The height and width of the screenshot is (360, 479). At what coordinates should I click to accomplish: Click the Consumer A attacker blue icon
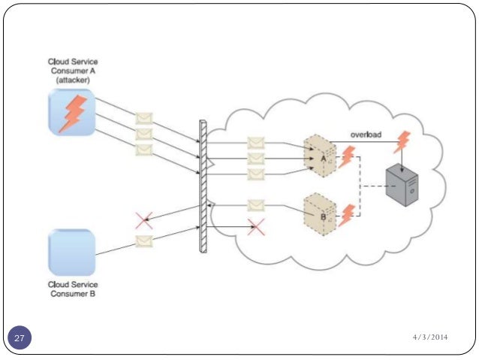tap(71, 112)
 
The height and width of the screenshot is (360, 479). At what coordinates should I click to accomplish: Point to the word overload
tap(366, 135)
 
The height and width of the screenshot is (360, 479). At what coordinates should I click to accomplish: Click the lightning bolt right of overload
tap(402, 141)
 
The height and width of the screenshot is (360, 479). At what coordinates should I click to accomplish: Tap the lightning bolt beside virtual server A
tap(347, 157)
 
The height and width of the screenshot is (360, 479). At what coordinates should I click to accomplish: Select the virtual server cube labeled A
tap(318, 156)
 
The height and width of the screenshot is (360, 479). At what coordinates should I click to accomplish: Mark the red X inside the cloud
tap(256, 225)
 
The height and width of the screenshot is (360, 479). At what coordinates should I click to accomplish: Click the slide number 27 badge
tap(20, 339)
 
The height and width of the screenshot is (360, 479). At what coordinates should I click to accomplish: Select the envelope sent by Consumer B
tap(143, 241)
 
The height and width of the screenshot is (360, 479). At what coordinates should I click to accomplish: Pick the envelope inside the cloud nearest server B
tap(256, 204)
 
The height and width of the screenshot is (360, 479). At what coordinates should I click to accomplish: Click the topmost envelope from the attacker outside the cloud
tap(143, 119)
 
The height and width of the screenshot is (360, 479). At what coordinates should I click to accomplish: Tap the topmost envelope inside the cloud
tap(256, 143)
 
